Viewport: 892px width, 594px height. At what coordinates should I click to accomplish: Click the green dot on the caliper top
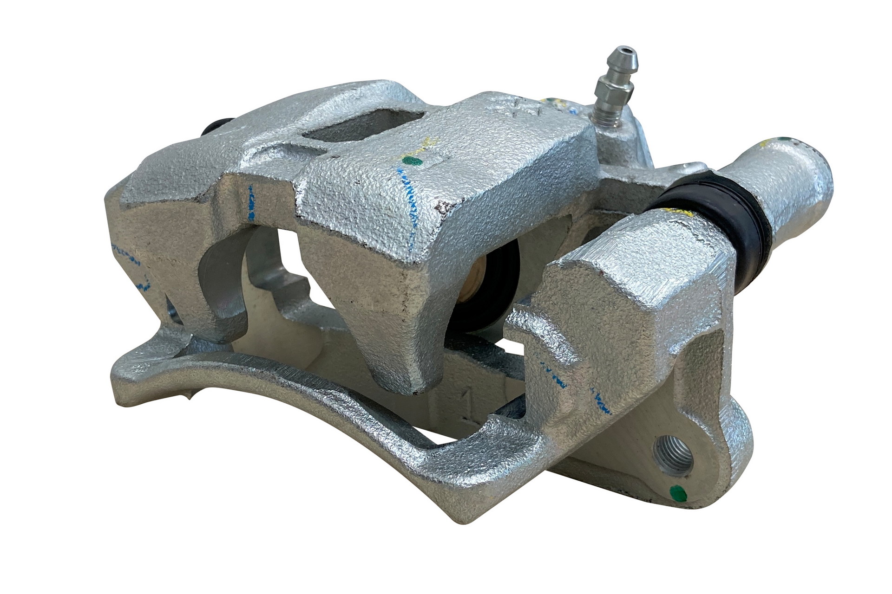(411, 161)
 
